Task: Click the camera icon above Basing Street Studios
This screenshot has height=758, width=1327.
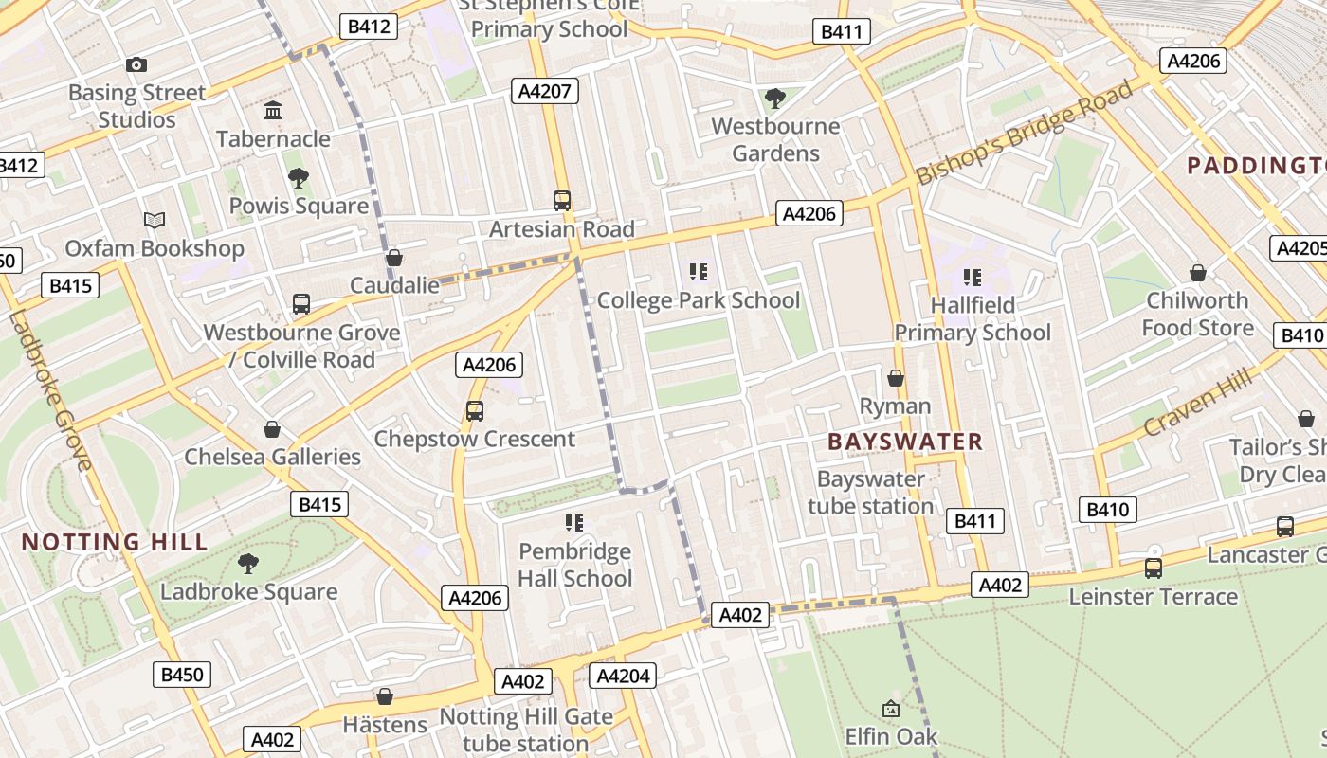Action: click(x=136, y=64)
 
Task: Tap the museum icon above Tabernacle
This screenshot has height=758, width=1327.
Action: click(x=273, y=110)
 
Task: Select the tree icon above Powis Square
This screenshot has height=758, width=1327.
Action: click(x=299, y=177)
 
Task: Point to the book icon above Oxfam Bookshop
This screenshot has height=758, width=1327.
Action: click(x=155, y=220)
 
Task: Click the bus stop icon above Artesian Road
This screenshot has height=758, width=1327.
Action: click(x=562, y=201)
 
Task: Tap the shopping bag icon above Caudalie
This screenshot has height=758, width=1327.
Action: click(x=394, y=258)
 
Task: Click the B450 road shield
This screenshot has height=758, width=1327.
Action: click(x=181, y=675)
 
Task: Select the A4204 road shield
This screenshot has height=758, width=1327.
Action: click(x=622, y=676)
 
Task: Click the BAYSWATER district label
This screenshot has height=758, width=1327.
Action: click(x=904, y=442)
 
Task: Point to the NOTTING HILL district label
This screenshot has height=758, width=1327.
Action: click(x=114, y=542)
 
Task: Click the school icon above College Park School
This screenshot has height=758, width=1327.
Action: click(x=699, y=273)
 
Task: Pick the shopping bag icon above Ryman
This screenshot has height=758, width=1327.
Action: click(x=896, y=379)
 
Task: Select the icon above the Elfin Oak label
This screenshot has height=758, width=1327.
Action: click(x=891, y=708)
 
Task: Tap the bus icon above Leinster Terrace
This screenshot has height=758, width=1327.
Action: click(x=1154, y=568)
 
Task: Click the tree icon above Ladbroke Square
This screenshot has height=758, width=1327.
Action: click(x=248, y=564)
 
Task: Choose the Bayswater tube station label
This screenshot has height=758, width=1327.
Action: click(x=870, y=493)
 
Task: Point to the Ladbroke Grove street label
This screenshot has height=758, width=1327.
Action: click(x=52, y=388)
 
